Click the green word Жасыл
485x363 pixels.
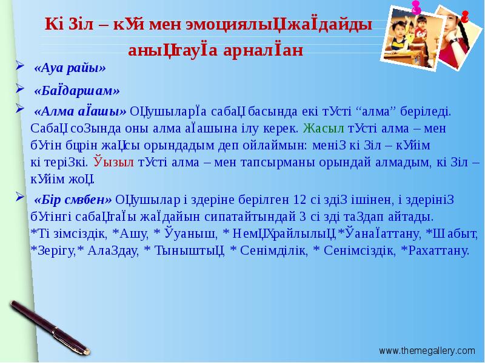pos(323,128)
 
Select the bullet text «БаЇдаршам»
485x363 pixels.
pos(77,91)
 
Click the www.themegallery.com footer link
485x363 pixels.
pos(427,350)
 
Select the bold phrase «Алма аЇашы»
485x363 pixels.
pos(81,111)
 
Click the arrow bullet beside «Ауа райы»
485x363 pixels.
pos(19,65)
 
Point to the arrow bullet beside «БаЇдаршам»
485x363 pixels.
pos(19,89)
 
